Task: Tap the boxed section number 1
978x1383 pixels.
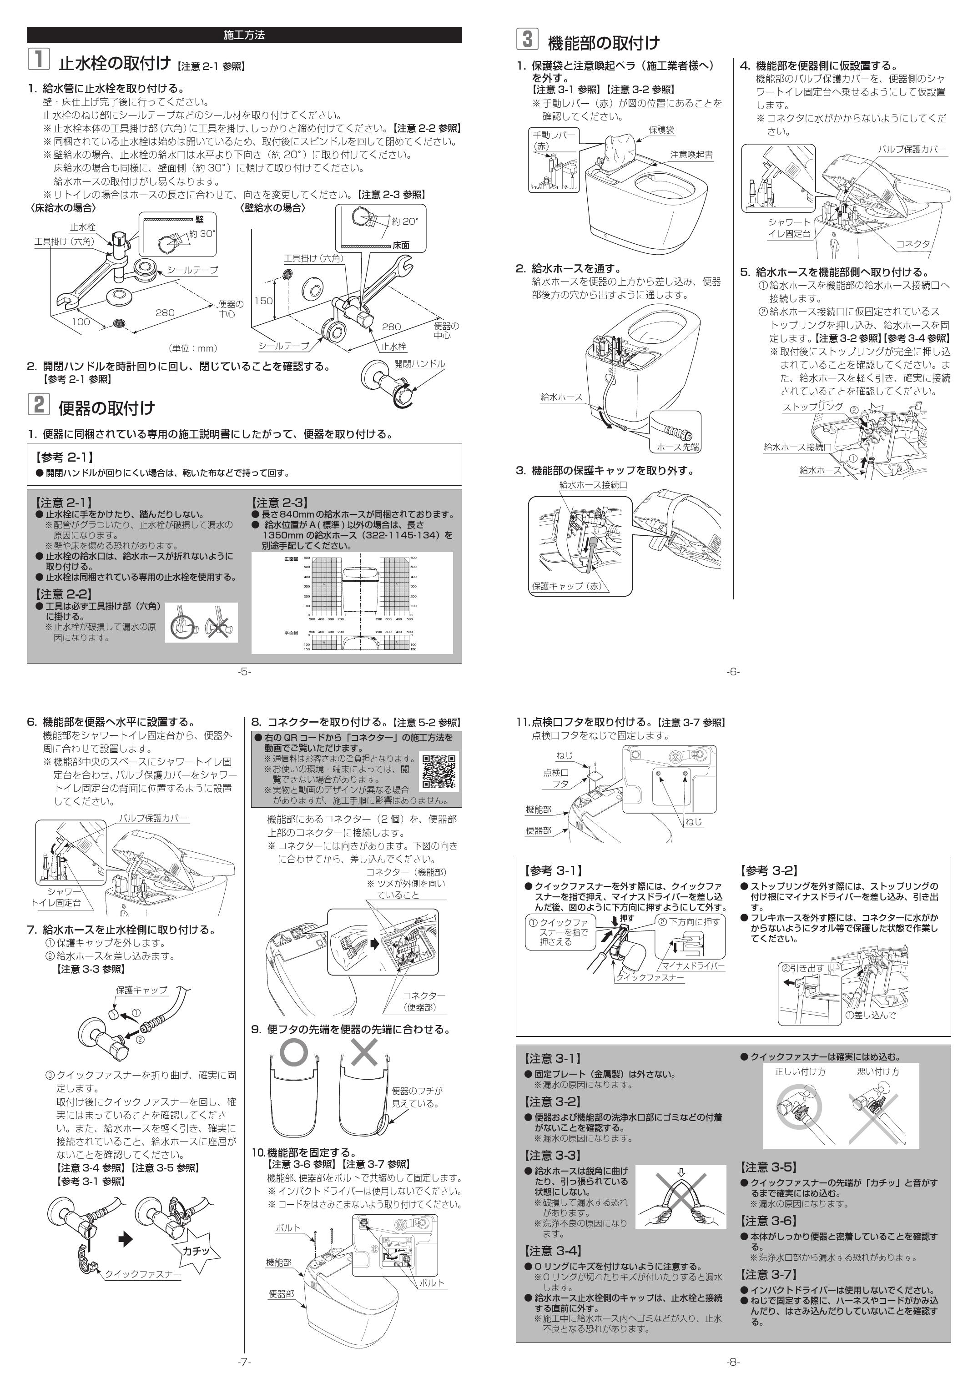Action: (x=38, y=60)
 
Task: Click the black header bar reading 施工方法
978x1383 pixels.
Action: (x=244, y=35)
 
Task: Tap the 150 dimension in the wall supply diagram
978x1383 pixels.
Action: (x=263, y=301)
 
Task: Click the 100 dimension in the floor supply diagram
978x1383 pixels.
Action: (x=81, y=322)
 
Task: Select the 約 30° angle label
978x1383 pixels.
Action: (x=201, y=234)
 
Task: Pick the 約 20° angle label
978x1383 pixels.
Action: (x=404, y=221)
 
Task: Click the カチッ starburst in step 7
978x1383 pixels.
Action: (x=196, y=1250)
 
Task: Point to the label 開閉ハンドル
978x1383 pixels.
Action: (x=419, y=364)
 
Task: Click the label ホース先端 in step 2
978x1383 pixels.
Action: (x=678, y=446)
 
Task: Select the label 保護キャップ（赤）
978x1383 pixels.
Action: (x=566, y=585)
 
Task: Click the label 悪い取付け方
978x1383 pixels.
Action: (x=878, y=1071)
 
